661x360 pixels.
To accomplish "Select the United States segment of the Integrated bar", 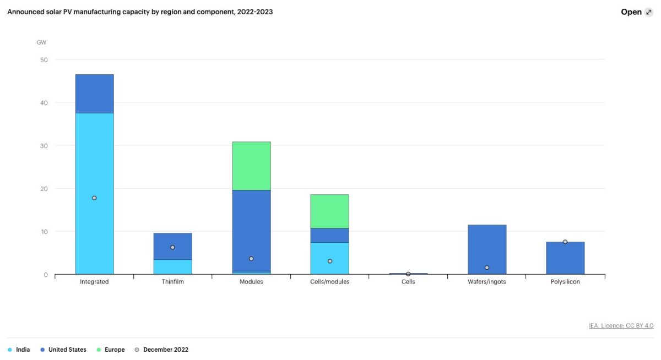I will coord(94,94).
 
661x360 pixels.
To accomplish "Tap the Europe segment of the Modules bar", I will coord(251,166).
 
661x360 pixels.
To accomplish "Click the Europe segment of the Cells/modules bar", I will coord(329,211).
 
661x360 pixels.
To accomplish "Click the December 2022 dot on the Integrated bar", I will coord(94,198).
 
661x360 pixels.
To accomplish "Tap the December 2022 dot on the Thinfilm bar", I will coord(172,247).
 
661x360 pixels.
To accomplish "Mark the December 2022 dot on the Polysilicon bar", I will coord(565,242).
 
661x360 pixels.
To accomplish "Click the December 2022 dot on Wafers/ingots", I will coord(487,268).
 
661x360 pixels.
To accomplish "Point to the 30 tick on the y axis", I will coord(44,145).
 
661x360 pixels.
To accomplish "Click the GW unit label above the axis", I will coord(41,42).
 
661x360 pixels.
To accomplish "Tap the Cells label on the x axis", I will coord(408,281).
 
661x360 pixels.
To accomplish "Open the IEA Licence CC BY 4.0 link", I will coord(621,325).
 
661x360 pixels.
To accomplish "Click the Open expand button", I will coord(637,12).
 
